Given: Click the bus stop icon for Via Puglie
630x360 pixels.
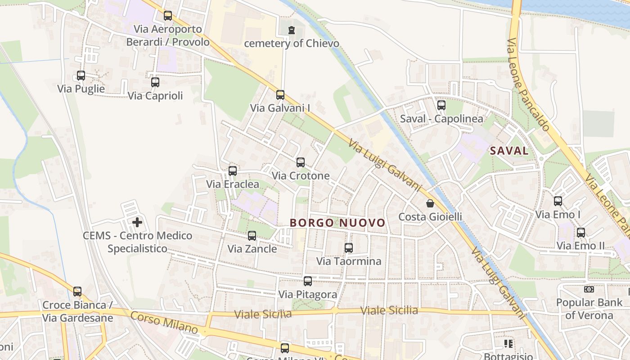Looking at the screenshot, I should pos(81,76).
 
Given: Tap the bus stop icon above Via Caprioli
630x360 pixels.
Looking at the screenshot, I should pos(155,82).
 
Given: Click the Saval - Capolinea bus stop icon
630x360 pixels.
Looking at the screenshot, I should pos(441,105).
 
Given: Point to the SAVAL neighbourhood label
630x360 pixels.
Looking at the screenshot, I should pos(509,151).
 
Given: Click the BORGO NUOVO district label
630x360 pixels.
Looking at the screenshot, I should pos(337,223).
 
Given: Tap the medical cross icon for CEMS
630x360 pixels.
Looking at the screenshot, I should pos(137,222).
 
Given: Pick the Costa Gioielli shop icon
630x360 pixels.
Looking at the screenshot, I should pos(430,203).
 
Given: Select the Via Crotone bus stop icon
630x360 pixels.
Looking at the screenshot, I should pos(301,162).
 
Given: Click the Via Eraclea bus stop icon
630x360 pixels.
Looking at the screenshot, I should pos(233,171).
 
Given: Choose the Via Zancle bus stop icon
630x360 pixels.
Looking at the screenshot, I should pos(252,235).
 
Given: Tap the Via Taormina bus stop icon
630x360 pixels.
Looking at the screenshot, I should pos(349,248).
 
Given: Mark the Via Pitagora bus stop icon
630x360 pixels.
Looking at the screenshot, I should pos(308,281).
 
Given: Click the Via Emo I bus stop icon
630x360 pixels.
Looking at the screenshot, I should pos(558,201).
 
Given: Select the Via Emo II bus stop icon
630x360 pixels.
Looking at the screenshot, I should pos(581,233).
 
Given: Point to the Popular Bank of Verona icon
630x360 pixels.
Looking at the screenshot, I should pos(589,289).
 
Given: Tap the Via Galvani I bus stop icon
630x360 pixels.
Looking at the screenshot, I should pos(280,95).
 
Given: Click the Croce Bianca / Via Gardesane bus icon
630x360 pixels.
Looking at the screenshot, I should pos(77,292).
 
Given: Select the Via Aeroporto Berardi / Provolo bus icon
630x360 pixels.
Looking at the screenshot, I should pos(168,16).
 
